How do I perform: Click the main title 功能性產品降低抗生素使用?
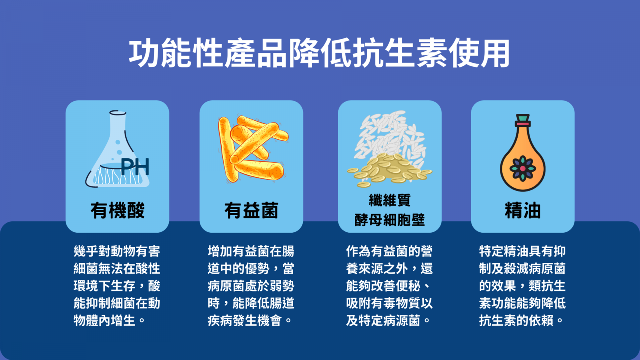pyautogui.click(x=319, y=53)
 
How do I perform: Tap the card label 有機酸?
pyautogui.click(x=118, y=210)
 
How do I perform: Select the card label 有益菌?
pyautogui.click(x=251, y=210)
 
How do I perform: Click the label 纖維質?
pyautogui.click(x=390, y=200)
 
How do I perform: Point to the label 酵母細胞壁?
pyautogui.click(x=390, y=220)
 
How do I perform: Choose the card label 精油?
pyautogui.click(x=522, y=210)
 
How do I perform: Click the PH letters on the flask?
pyautogui.click(x=135, y=166)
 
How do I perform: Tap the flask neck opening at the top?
pyautogui.click(x=118, y=113)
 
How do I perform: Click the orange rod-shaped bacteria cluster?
pyautogui.click(x=253, y=148)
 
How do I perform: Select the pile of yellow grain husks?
pyautogui.click(x=389, y=170)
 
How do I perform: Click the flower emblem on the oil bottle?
pyautogui.click(x=522, y=168)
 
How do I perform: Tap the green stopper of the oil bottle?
pyautogui.click(x=523, y=118)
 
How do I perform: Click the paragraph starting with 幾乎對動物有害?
pyautogui.click(x=117, y=286)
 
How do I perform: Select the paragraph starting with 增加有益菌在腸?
pyautogui.click(x=251, y=286)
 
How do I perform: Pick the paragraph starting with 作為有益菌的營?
pyautogui.click(x=389, y=286)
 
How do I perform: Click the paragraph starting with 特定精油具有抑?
pyautogui.click(x=522, y=286)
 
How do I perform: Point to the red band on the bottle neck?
pyautogui.click(x=523, y=124)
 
